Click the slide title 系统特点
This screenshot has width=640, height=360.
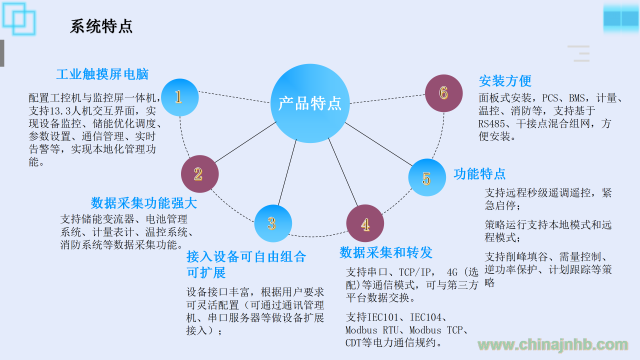(101, 26)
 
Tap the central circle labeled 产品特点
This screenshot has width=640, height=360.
(310, 103)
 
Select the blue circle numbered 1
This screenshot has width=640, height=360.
(179, 97)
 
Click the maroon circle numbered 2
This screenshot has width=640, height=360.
(199, 174)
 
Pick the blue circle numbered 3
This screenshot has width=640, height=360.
(273, 223)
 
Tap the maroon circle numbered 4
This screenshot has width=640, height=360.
(365, 223)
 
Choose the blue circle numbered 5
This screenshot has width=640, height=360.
(427, 177)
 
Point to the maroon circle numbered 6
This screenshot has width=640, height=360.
(443, 93)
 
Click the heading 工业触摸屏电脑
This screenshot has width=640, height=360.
(102, 74)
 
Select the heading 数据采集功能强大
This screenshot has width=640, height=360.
(143, 203)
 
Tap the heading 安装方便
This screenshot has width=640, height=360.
(505, 81)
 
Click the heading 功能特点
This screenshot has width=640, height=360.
(479, 173)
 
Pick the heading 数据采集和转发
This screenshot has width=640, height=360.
(385, 252)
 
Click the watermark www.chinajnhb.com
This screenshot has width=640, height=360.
(553, 345)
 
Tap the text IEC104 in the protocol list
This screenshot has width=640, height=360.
(425, 317)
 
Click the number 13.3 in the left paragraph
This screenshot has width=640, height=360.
(60, 111)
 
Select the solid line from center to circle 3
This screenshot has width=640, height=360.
(287, 172)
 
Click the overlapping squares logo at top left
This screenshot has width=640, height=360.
(19, 18)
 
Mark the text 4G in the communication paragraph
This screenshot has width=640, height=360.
(452, 272)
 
